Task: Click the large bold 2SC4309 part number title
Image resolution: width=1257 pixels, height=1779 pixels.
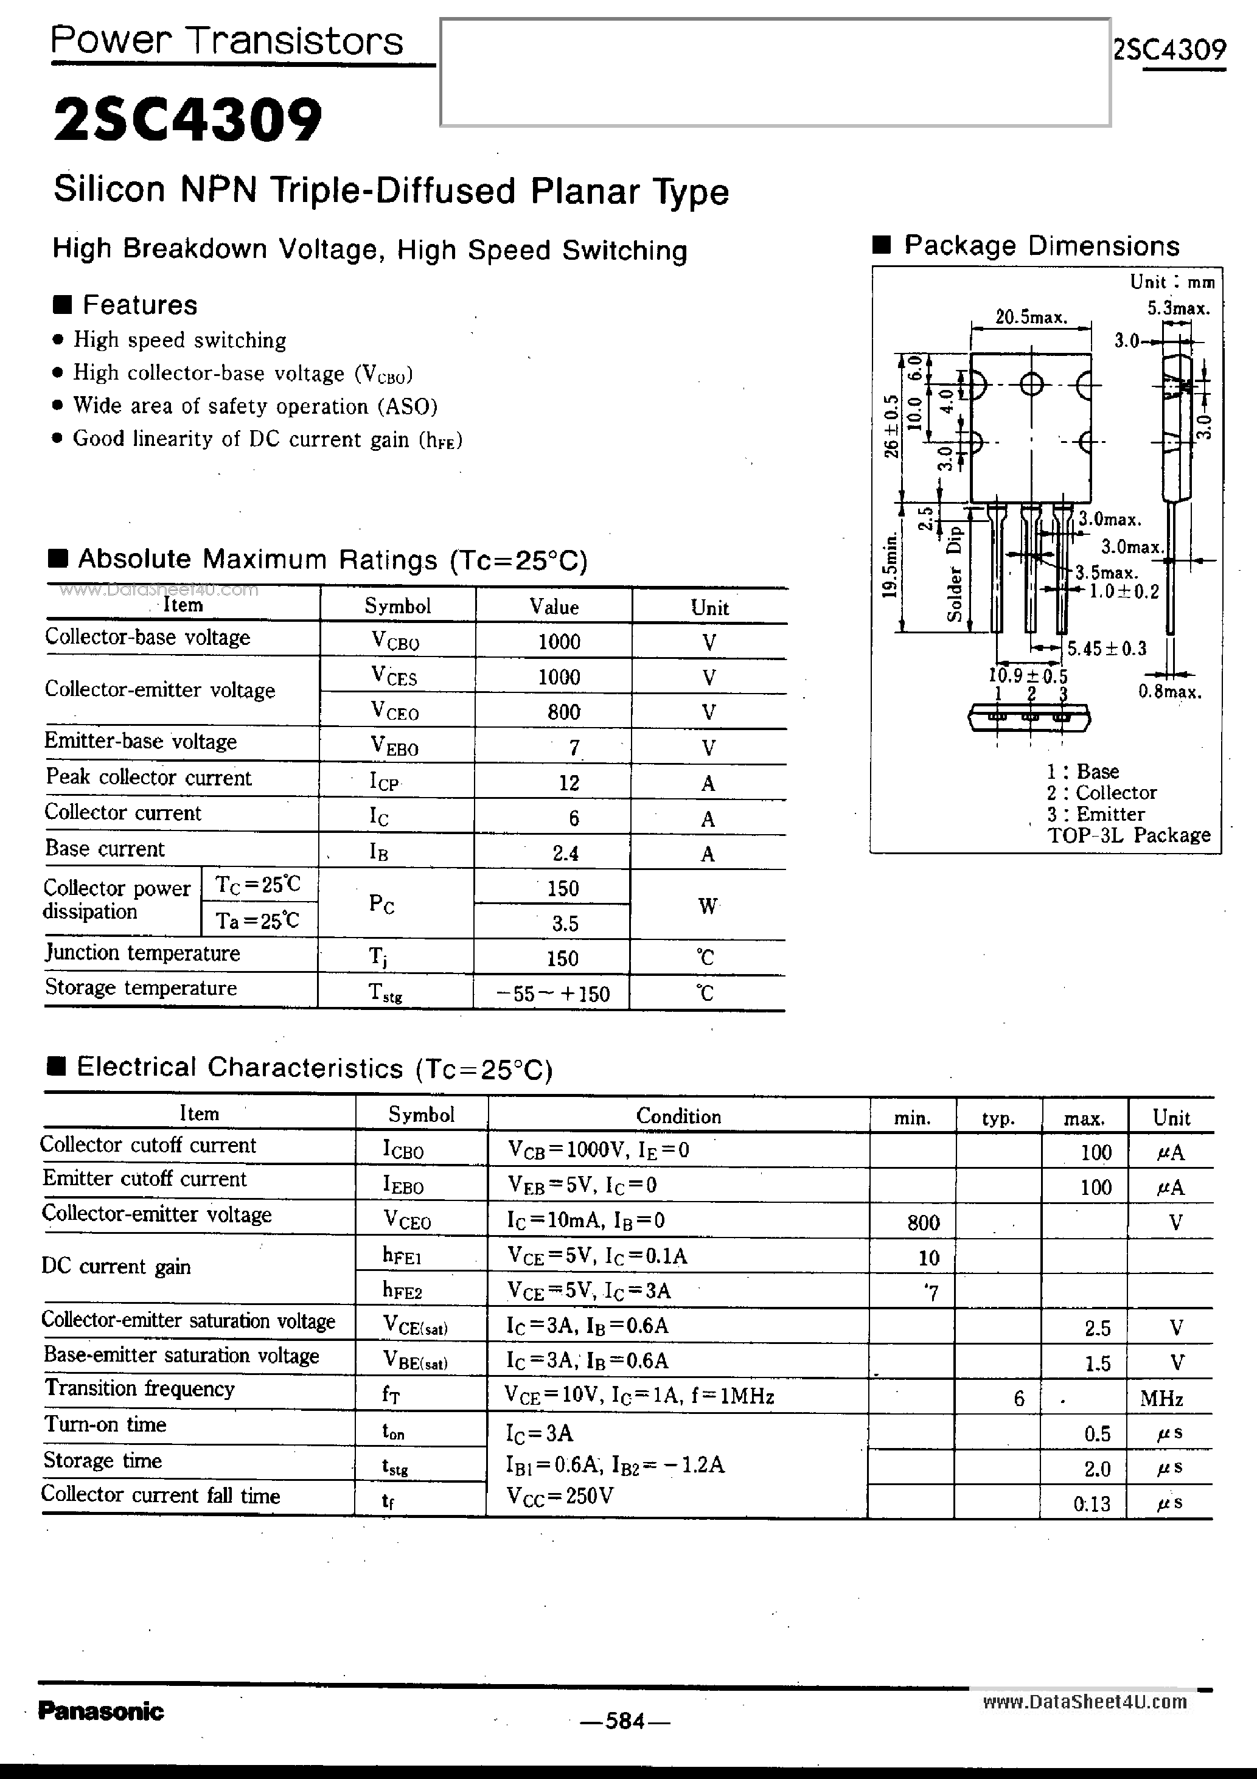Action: click(187, 120)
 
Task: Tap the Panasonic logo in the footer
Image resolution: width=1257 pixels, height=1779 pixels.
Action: click(101, 1711)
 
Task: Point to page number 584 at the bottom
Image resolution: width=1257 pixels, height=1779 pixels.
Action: click(625, 1720)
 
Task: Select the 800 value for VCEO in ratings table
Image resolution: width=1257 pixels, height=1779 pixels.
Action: click(563, 712)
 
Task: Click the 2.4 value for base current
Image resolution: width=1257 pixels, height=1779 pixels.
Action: click(565, 853)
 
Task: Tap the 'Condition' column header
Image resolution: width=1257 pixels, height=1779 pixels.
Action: click(678, 1116)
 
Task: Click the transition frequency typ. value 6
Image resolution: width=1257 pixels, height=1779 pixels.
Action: click(1018, 1398)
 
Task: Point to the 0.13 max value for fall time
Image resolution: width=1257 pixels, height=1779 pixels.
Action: click(1092, 1504)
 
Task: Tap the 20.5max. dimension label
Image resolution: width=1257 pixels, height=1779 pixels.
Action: click(1031, 317)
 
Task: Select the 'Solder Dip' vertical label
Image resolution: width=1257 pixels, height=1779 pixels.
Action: click(955, 573)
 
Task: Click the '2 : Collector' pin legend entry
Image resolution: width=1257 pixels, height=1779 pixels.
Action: click(1101, 793)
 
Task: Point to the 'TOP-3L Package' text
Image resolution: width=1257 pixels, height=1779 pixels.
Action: click(1129, 835)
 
